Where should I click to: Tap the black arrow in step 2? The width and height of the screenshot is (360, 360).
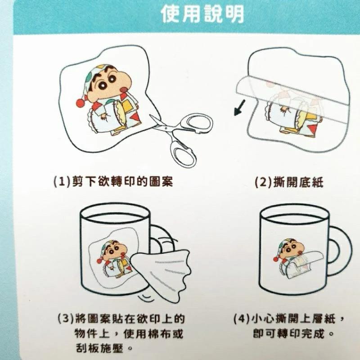click(x=240, y=108)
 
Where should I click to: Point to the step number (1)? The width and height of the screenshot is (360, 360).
click(x=62, y=182)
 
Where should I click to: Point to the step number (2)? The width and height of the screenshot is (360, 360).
click(x=263, y=182)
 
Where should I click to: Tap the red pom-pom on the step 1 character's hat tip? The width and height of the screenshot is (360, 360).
click(x=81, y=103)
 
